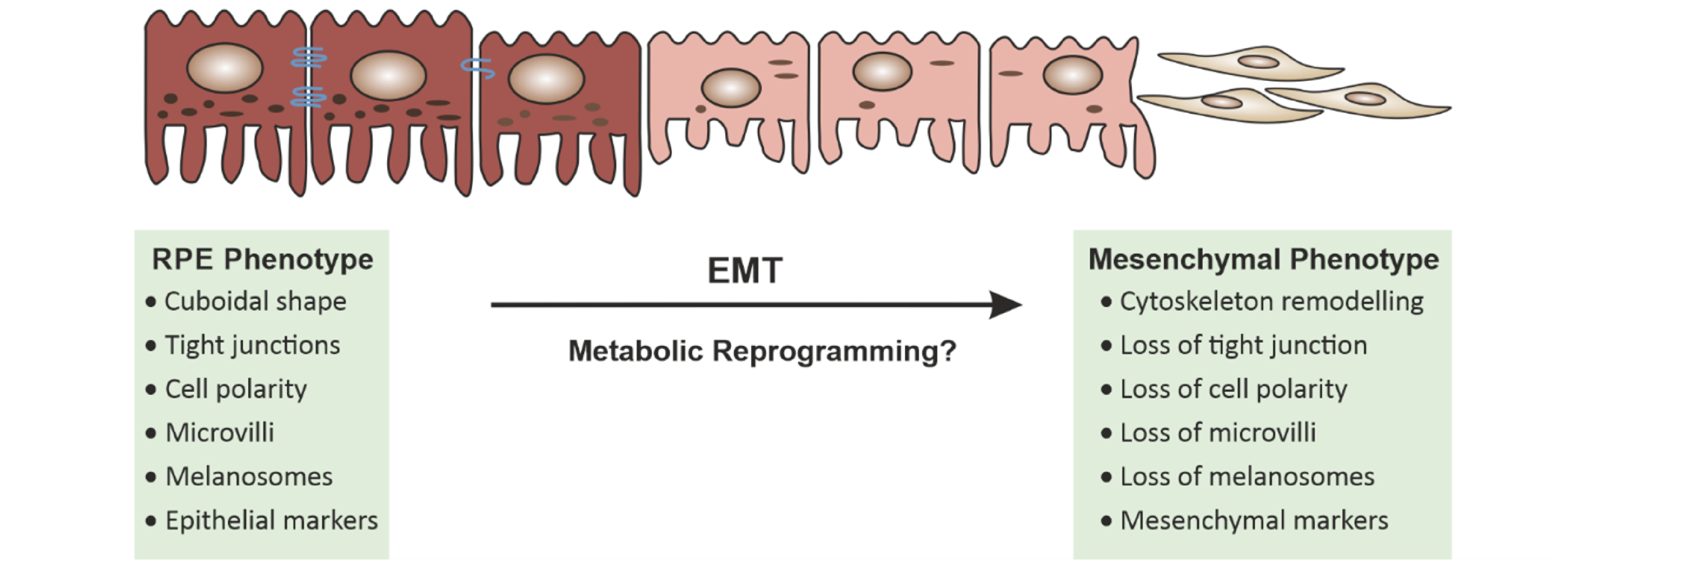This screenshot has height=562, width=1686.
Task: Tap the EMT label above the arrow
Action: (745, 270)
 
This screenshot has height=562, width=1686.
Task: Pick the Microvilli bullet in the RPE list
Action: (220, 433)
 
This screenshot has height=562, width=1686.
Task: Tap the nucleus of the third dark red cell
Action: (546, 79)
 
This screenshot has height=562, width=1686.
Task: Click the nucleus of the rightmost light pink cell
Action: (1073, 75)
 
